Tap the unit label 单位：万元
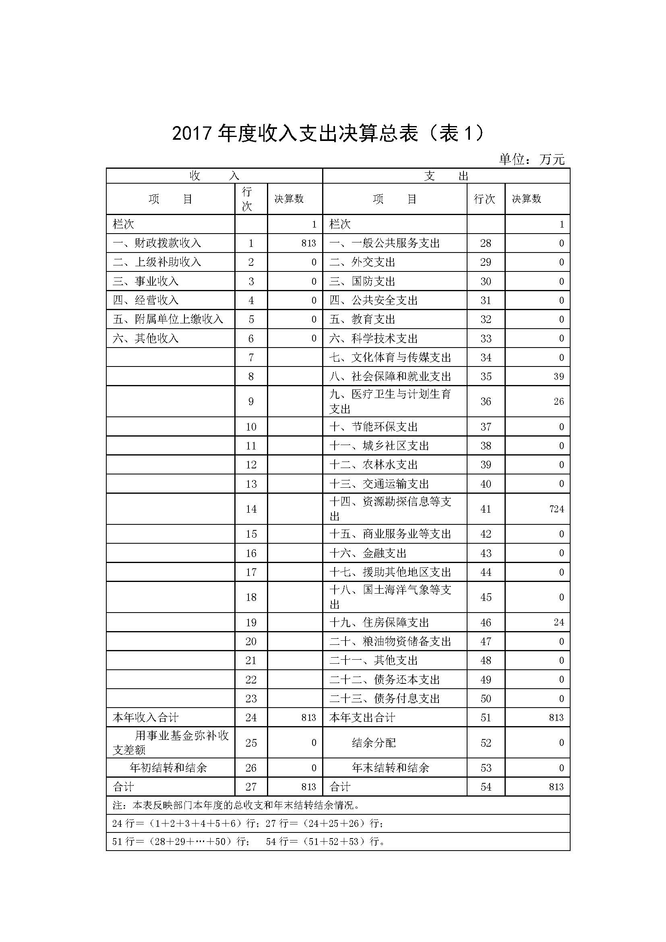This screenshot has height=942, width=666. pyautogui.click(x=532, y=159)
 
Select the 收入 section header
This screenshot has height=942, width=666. pyautogui.click(x=214, y=176)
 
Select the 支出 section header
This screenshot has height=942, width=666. pyautogui.click(x=446, y=176)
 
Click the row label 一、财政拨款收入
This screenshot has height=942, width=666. pyautogui.click(x=157, y=243)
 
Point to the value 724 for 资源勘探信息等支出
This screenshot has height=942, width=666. pyautogui.click(x=556, y=509)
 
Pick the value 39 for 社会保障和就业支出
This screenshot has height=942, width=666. pyautogui.click(x=558, y=377)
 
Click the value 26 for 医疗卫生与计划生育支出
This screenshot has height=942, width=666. pyautogui.click(x=558, y=402)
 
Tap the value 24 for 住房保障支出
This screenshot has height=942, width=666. pyautogui.click(x=558, y=622)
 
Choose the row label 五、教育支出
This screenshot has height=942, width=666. pyautogui.click(x=362, y=319)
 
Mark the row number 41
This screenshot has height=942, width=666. pyautogui.click(x=486, y=509)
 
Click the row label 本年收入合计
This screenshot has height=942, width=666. pyautogui.click(x=146, y=718)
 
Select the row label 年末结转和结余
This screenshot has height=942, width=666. pyautogui.click(x=391, y=768)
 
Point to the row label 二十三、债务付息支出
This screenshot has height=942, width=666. pyautogui.click(x=384, y=698)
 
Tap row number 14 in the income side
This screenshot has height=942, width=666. pyautogui.click(x=251, y=509)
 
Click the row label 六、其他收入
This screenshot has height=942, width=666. pyautogui.click(x=146, y=338)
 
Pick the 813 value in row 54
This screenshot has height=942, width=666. pyautogui.click(x=556, y=787)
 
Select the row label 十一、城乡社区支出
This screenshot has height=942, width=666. pyautogui.click(x=379, y=445)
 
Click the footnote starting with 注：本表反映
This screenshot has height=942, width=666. pyautogui.click(x=236, y=805)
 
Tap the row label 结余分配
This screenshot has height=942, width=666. pyautogui.click(x=374, y=743)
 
